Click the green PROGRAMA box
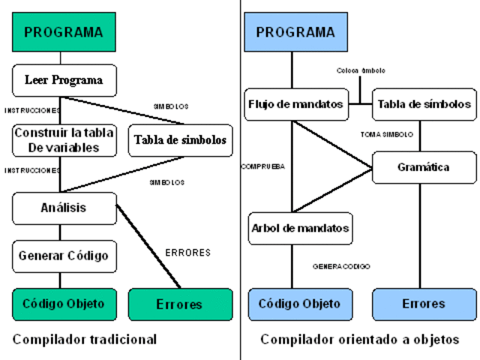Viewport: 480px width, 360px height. click(64, 32)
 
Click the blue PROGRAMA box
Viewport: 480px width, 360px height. click(295, 32)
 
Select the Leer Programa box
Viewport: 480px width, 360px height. click(64, 80)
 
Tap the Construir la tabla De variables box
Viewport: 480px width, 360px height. click(64, 140)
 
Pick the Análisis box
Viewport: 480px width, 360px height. click(64, 208)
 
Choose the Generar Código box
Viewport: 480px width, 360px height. click(64, 256)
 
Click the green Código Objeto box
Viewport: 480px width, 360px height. click(64, 304)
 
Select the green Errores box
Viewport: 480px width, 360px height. click(179, 304)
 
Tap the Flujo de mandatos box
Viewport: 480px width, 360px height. click(295, 104)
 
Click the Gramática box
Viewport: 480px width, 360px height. click(424, 167)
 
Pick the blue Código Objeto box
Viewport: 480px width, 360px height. click(299, 304)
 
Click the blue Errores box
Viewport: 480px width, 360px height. click(424, 304)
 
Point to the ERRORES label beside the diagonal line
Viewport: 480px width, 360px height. click(187, 253)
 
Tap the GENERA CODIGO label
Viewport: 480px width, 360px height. click(341, 266)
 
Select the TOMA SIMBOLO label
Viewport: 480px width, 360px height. click(387, 134)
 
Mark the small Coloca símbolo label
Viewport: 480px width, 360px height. click(361, 70)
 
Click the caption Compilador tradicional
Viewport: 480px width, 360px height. click(85, 340)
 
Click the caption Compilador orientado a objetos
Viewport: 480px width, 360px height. click(359, 340)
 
